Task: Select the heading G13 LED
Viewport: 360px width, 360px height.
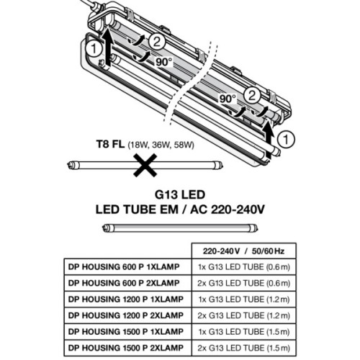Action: (178, 195)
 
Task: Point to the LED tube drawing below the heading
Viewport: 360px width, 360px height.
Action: (178, 228)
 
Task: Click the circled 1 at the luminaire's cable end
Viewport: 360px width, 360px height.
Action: (93, 50)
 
